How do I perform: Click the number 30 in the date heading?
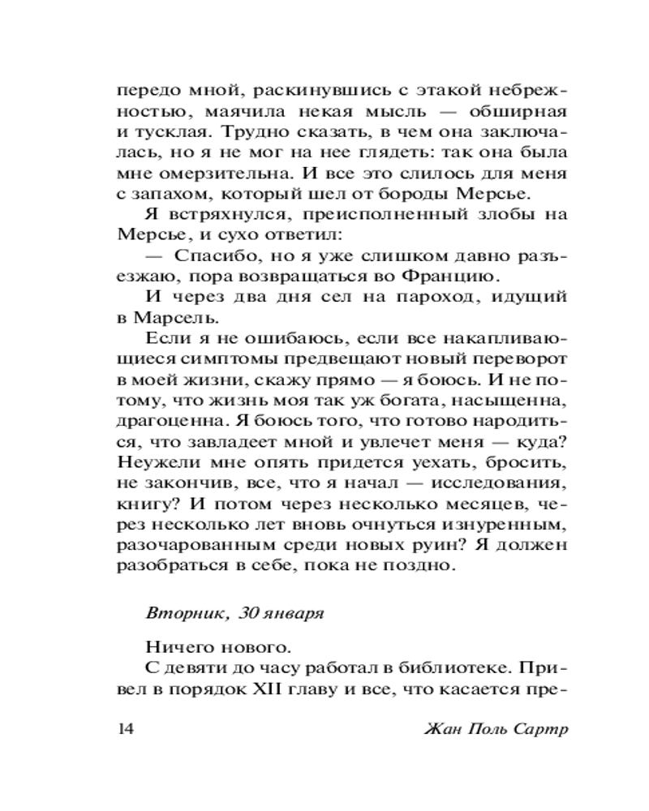(x=249, y=614)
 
